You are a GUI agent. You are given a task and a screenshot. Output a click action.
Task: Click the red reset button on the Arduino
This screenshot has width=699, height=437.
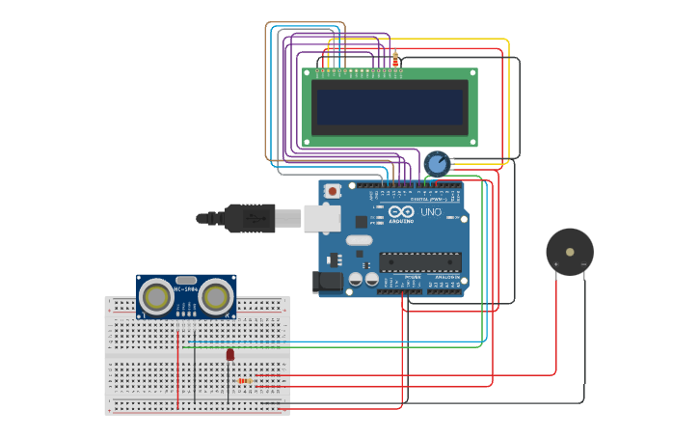pyautogui.click(x=333, y=191)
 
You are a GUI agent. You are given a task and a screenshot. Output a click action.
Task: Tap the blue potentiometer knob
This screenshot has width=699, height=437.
pyautogui.click(x=437, y=163)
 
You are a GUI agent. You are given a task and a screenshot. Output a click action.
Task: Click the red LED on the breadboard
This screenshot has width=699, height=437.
pyautogui.click(x=229, y=355)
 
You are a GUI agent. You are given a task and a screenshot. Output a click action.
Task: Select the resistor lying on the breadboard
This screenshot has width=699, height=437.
pyautogui.click(x=247, y=381)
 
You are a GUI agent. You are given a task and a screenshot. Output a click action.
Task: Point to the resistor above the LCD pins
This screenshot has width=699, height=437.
pyautogui.click(x=395, y=59)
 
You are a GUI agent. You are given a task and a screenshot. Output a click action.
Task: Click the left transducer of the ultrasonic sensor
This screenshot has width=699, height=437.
pyautogui.click(x=155, y=296)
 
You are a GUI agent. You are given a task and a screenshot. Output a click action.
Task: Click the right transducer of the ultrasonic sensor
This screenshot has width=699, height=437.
pyautogui.click(x=217, y=296)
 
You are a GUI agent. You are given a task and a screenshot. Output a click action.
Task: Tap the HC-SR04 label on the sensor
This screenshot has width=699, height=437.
pyautogui.click(x=186, y=287)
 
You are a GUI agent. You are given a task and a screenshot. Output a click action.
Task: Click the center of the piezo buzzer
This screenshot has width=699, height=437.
pyautogui.click(x=570, y=252)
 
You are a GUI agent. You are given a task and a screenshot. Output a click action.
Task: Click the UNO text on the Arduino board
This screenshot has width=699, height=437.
pyautogui.click(x=430, y=212)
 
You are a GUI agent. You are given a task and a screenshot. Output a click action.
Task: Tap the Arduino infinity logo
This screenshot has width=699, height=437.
pyautogui.click(x=402, y=211)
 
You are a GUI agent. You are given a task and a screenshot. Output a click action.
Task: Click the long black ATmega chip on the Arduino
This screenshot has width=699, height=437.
pyautogui.click(x=420, y=261)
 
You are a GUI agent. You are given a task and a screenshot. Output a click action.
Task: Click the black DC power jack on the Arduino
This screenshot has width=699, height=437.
pyautogui.click(x=326, y=281)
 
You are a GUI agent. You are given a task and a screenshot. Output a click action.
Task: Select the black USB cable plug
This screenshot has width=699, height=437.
pyautogui.click(x=249, y=219)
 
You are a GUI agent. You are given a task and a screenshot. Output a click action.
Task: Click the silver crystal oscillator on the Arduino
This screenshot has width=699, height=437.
pyautogui.click(x=359, y=240)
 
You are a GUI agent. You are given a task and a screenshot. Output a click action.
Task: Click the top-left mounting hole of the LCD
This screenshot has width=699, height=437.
pyautogui.click(x=309, y=72)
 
